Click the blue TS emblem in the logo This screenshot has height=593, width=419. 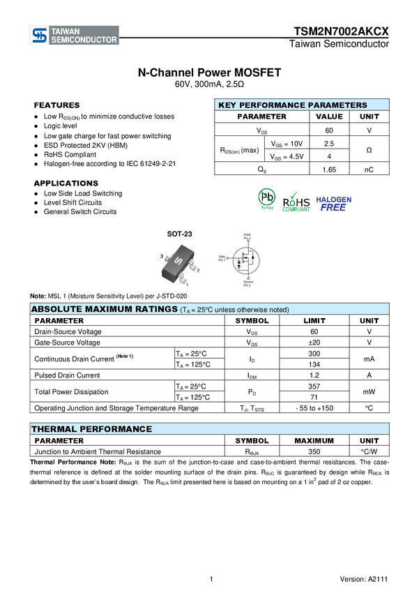point(40,36)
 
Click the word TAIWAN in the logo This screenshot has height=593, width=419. point(66,31)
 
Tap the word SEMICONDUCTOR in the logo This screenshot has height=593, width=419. point(84,40)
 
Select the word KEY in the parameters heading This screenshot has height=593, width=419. point(227,105)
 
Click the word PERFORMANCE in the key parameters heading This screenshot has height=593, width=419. point(272,105)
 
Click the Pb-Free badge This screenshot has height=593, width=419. point(266,200)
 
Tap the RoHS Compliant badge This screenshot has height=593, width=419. point(296,201)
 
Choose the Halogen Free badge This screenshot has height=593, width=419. point(334,203)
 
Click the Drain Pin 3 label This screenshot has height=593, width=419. point(247,237)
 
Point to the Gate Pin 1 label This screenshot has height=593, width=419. point(222,259)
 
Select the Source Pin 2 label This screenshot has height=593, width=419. point(247,283)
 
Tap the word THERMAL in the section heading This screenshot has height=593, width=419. point(54,429)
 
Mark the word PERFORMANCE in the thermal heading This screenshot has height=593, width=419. point(115,429)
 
